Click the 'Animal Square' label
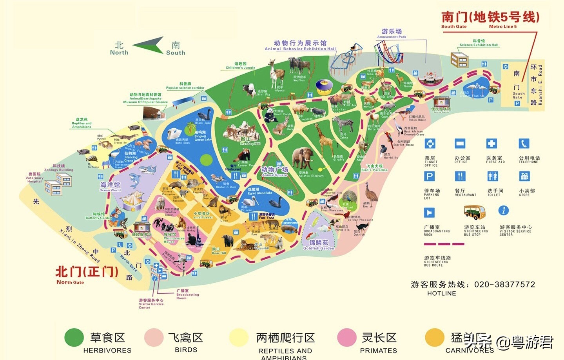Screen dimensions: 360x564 (274, 171)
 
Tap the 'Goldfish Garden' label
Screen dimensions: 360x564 (319, 245)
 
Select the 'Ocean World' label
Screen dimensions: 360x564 (110, 186)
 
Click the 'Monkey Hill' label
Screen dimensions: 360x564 (250, 142)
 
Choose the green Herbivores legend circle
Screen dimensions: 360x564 (74, 338)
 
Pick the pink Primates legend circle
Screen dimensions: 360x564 (347, 338)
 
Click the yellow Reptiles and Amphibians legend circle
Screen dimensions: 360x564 (239, 338)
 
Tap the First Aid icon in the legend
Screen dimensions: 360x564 (491, 144)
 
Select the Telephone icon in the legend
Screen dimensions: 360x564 (524, 144)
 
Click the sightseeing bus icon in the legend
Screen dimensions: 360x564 (474, 212)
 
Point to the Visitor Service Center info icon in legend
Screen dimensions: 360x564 (504, 211)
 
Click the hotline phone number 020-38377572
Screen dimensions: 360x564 (504, 284)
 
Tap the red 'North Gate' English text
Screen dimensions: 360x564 (70, 282)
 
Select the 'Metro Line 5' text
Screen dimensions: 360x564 (503, 27)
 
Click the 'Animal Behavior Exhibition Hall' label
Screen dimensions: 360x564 (300, 49)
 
